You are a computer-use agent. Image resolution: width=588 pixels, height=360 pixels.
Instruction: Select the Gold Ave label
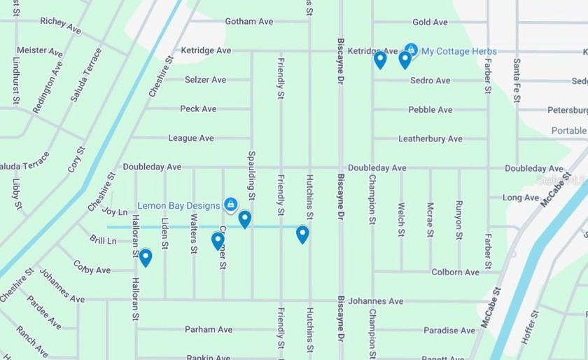pos(430,22)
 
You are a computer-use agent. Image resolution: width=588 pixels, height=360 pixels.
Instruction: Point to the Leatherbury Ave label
pos(430,139)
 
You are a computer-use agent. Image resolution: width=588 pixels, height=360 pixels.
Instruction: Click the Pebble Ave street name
pos(430,109)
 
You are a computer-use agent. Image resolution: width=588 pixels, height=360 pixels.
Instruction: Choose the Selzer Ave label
pos(205,80)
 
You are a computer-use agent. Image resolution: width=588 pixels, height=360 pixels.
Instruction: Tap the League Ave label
pos(191,138)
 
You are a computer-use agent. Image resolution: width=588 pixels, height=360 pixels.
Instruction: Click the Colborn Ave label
pos(455,272)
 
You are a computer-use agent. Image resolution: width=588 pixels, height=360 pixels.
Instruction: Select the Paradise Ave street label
pos(449,331)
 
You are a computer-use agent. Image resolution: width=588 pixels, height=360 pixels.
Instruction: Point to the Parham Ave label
pos(208,329)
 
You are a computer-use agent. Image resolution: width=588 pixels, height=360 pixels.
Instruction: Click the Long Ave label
pos(521,198)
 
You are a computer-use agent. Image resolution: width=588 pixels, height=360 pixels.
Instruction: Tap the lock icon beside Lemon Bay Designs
pos(230,205)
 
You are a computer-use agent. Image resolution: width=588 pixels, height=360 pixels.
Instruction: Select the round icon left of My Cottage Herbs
pos(412,50)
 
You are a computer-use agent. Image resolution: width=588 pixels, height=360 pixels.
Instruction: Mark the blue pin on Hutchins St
pos(302,234)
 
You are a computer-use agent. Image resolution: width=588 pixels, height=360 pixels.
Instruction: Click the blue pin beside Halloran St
pos(146,258)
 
